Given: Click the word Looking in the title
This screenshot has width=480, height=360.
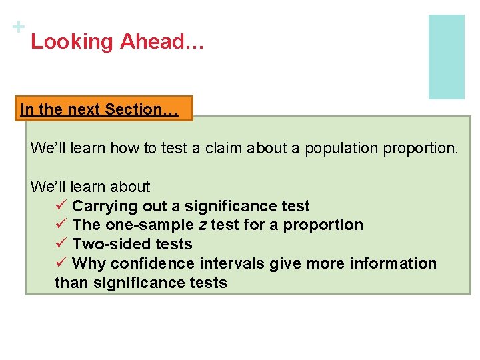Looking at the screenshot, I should click(x=72, y=42).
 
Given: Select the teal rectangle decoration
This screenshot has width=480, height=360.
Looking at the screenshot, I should click(x=446, y=57).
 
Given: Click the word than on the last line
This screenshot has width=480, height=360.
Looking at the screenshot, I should click(x=70, y=283).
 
